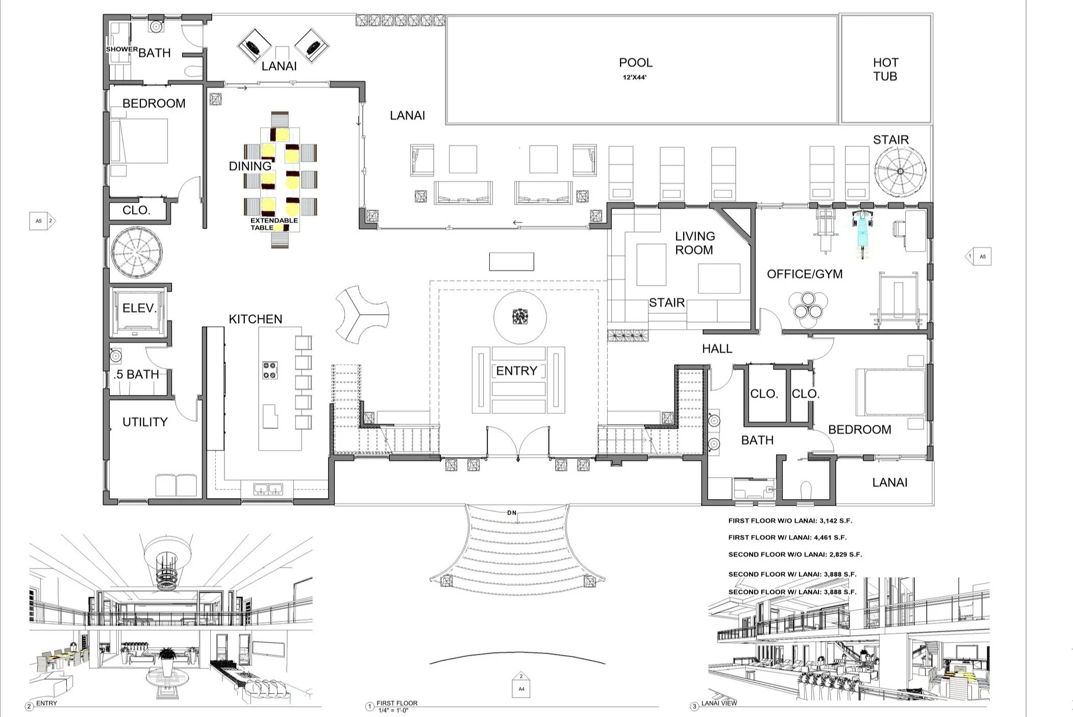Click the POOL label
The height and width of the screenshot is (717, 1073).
[x=635, y=63]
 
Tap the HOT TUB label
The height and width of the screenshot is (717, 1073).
[x=885, y=69]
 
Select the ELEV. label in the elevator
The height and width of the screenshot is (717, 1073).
[x=139, y=308]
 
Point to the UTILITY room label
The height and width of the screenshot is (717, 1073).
[x=145, y=422]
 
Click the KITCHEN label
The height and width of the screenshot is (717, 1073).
[x=255, y=319]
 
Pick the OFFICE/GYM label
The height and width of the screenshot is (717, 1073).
[x=805, y=274]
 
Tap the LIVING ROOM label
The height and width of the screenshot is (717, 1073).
[x=694, y=243]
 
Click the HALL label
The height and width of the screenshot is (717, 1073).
[x=717, y=349]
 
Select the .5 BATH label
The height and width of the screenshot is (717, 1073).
[x=137, y=375]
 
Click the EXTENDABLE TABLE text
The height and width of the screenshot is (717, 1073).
[x=274, y=224]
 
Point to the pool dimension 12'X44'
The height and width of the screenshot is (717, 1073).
[x=635, y=78]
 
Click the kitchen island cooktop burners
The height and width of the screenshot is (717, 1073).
[x=270, y=370]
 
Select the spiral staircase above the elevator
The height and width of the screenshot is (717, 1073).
[x=137, y=252]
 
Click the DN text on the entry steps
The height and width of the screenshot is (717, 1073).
[x=511, y=513]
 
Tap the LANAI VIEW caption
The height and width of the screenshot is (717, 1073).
[x=719, y=703]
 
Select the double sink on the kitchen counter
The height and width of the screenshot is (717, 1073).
[x=268, y=489]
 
